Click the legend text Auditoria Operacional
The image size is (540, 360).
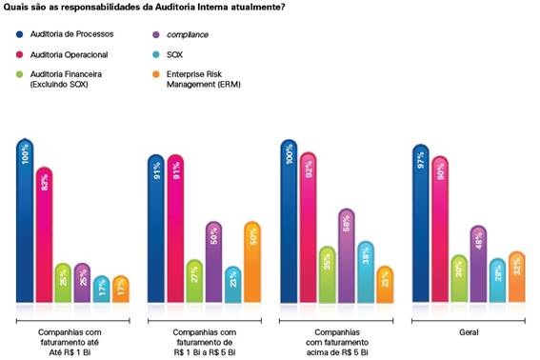[x=69, y=54]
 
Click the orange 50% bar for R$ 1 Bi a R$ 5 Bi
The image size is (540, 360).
[x=251, y=263]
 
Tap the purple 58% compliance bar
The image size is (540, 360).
[x=347, y=256]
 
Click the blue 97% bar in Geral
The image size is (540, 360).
[x=420, y=225]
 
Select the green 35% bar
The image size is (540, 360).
[x=328, y=275]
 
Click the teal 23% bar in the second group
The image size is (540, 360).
[x=233, y=285]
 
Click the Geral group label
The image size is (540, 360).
[x=467, y=331]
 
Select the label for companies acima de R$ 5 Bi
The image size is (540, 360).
[x=337, y=337]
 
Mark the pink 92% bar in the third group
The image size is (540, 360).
[x=309, y=229]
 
